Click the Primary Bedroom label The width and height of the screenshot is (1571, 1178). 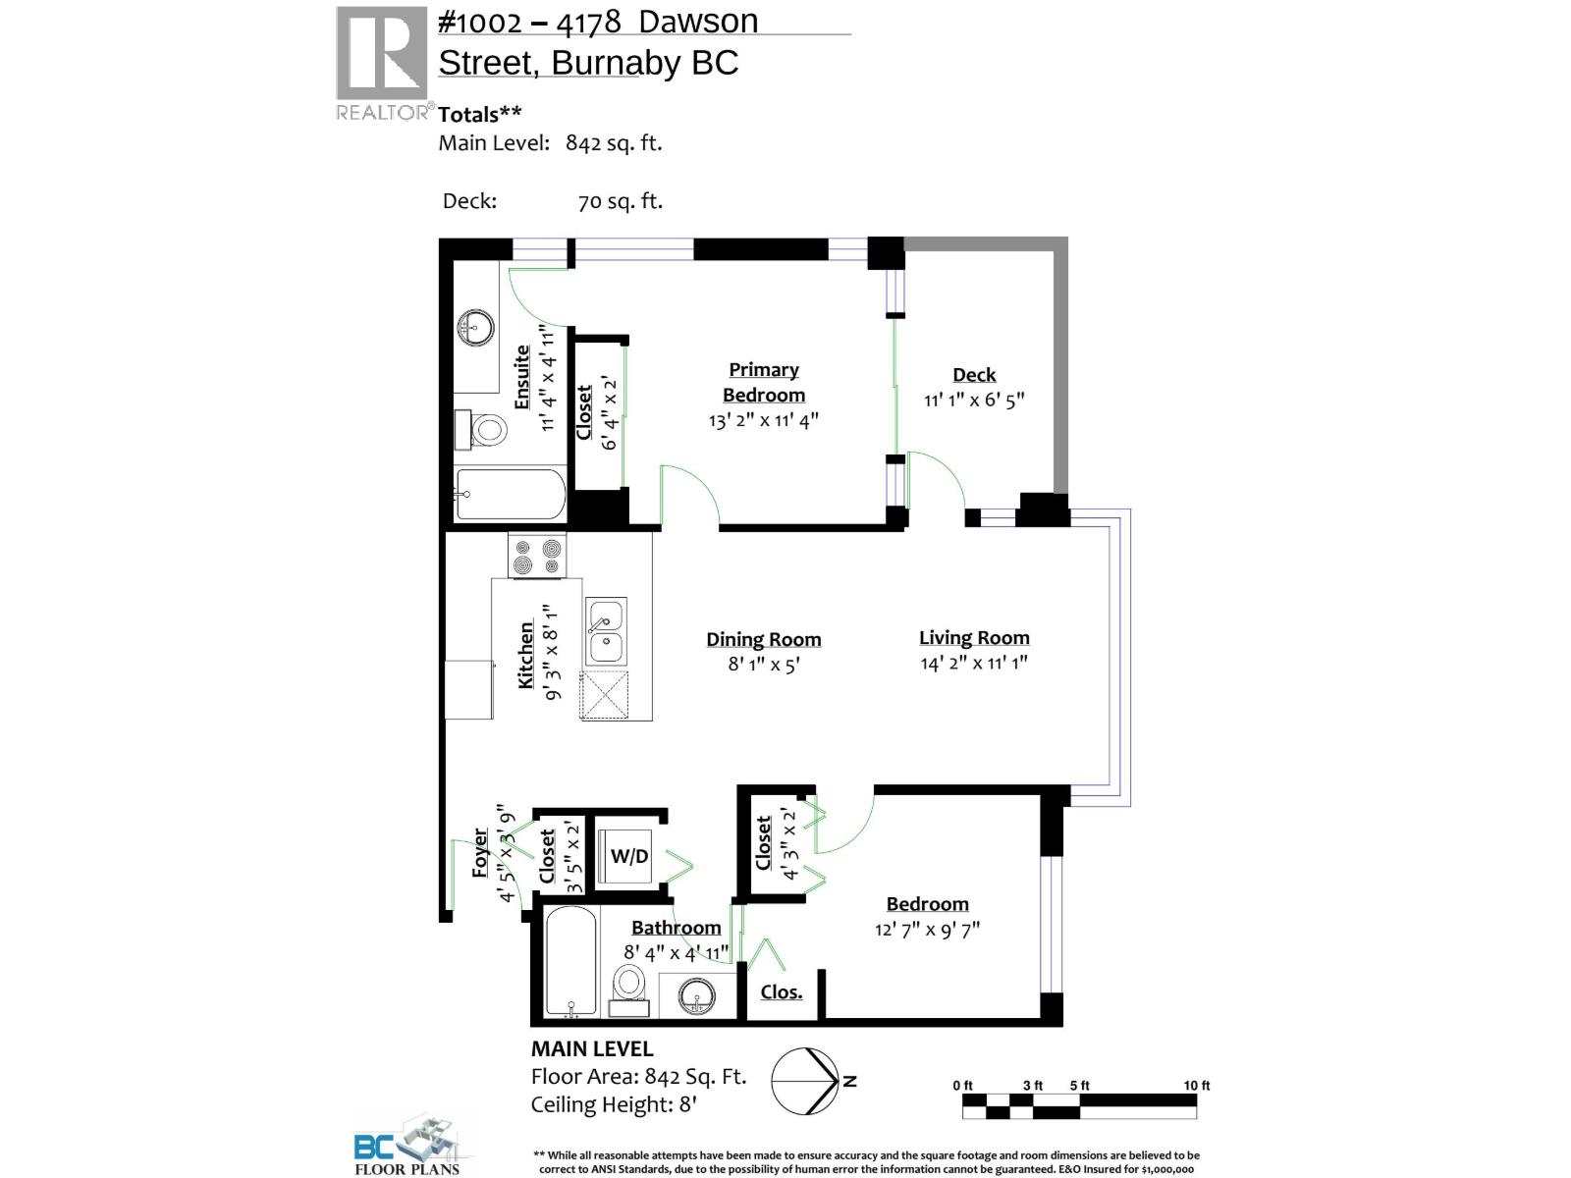click(764, 382)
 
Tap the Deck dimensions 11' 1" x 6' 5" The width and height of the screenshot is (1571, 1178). click(973, 401)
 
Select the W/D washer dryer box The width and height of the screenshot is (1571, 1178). click(629, 855)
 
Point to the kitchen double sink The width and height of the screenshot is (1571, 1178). click(605, 632)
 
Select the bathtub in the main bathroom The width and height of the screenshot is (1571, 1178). click(569, 962)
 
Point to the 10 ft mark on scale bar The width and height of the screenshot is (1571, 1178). click(1196, 1086)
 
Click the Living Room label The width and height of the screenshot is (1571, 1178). click(974, 638)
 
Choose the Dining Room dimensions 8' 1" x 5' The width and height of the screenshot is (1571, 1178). click(764, 665)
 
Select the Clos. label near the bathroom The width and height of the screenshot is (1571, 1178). click(782, 991)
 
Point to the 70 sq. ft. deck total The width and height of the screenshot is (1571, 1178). click(620, 201)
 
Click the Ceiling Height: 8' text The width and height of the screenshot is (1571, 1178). click(614, 1104)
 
